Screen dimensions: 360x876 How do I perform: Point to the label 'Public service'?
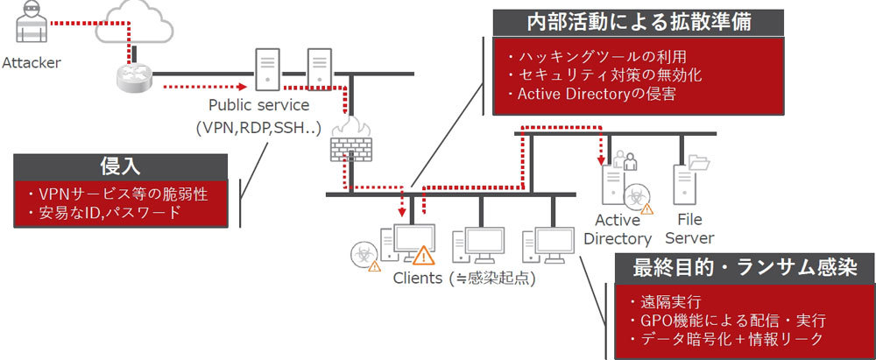tap(260, 105)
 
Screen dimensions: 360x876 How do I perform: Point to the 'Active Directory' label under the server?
tap(623, 229)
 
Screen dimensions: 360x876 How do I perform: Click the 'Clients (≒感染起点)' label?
tap(463, 279)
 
